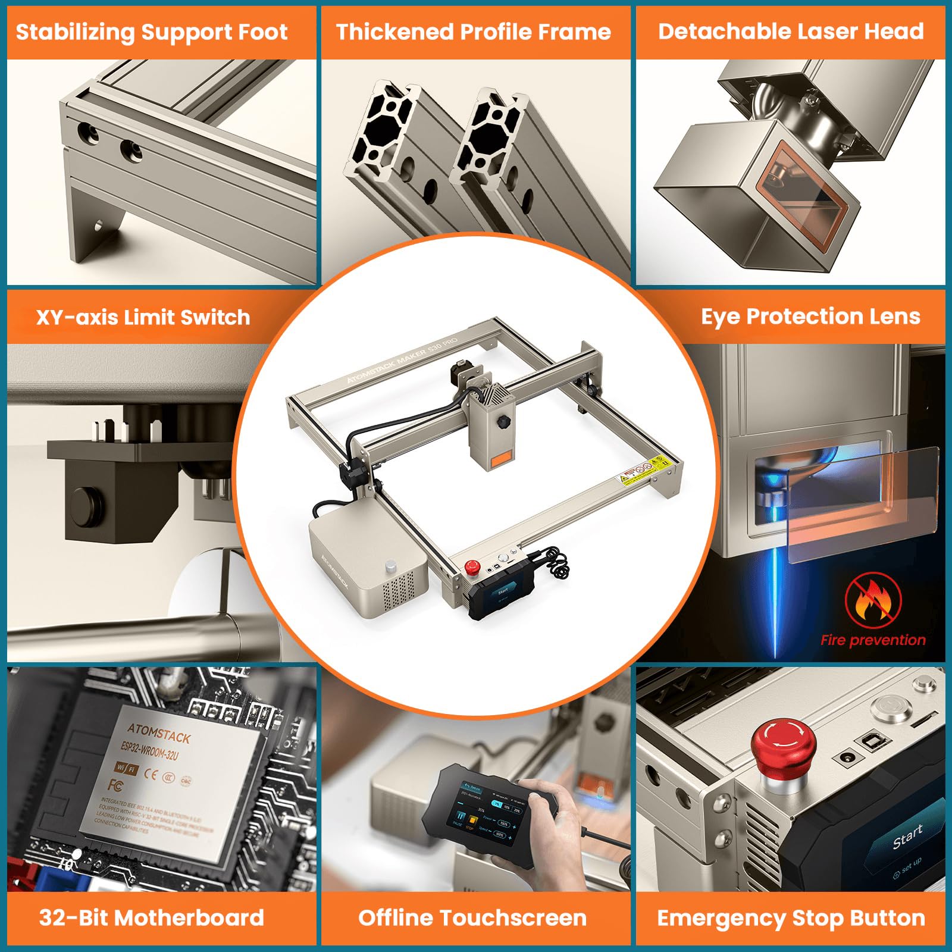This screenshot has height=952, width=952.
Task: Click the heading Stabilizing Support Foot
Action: coord(152,32)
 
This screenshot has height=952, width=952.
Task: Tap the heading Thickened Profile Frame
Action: coord(474,32)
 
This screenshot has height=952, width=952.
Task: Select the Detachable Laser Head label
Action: coord(791,32)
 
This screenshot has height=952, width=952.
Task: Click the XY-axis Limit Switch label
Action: coord(143,317)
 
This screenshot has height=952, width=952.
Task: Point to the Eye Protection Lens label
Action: coord(810,317)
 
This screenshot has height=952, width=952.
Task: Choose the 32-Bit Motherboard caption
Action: coord(152,917)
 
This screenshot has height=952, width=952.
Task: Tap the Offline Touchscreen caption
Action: coord(472,917)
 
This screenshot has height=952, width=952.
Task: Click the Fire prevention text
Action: coord(873,640)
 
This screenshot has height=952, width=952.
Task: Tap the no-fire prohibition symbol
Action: coord(873,600)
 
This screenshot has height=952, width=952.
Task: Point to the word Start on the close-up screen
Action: coord(907,836)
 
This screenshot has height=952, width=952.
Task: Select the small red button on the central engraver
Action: coord(472,566)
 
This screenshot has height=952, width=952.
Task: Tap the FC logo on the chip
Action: coord(115,785)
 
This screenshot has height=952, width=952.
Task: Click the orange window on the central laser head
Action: coord(499,457)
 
